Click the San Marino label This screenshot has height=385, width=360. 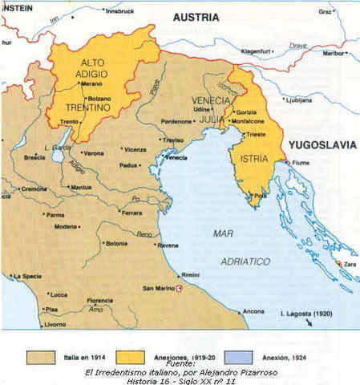pyautogui.click(x=157, y=288)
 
